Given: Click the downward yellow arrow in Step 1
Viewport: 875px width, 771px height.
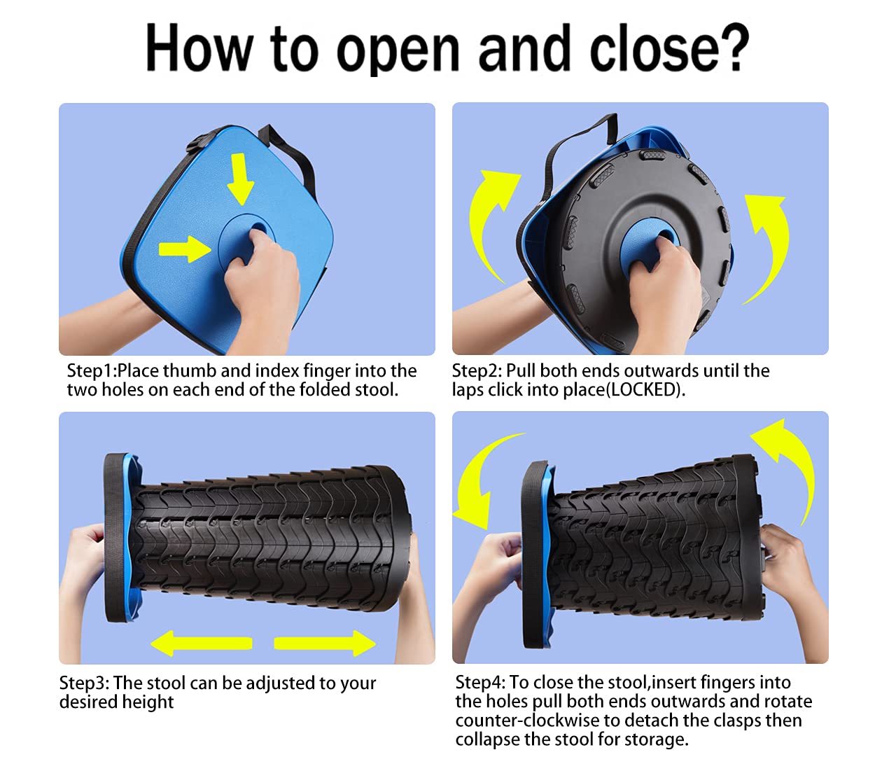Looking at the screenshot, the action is coord(240,179).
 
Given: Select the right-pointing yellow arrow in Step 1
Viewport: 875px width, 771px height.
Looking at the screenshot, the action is coord(185,249).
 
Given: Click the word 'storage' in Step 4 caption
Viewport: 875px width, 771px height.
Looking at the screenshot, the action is coord(656,740).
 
